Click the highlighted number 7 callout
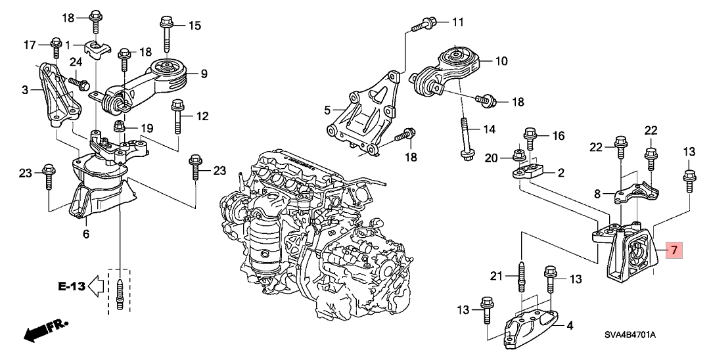pyautogui.click(x=674, y=250)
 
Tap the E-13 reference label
pyautogui.click(x=72, y=286)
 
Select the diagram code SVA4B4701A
pyautogui.click(x=630, y=335)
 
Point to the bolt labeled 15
pyautogui.click(x=165, y=33)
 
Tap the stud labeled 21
pyautogui.click(x=522, y=277)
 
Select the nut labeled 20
pyautogui.click(x=517, y=156)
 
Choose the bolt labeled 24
pyautogui.click(x=79, y=83)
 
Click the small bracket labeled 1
pyautogui.click(x=98, y=50)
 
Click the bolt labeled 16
pyautogui.click(x=530, y=139)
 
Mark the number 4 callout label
pyautogui.click(x=569, y=325)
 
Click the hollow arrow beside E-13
pyautogui.click(x=96, y=286)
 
